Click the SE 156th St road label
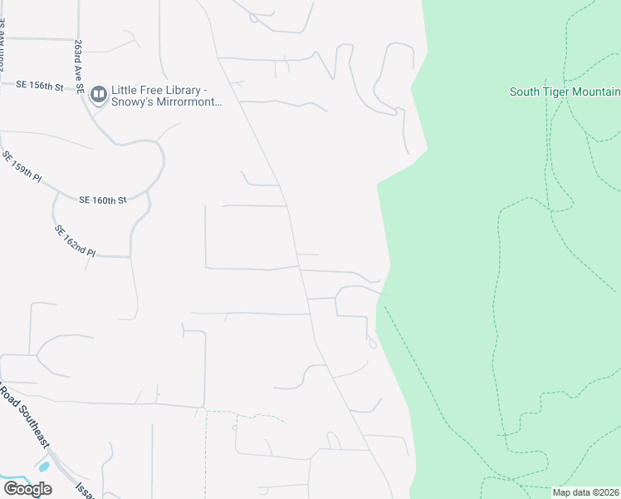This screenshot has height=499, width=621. [41, 85]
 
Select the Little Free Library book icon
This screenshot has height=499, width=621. [99, 95]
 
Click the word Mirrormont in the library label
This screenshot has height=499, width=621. [191, 102]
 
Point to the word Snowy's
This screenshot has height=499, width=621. [143, 102]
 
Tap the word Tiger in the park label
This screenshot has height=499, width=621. [562, 91]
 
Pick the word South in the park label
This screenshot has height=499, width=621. [526, 91]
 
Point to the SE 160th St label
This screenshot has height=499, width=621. [103, 200]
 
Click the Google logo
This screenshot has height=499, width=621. [27, 489]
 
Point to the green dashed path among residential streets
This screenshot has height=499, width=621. [244, 413]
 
